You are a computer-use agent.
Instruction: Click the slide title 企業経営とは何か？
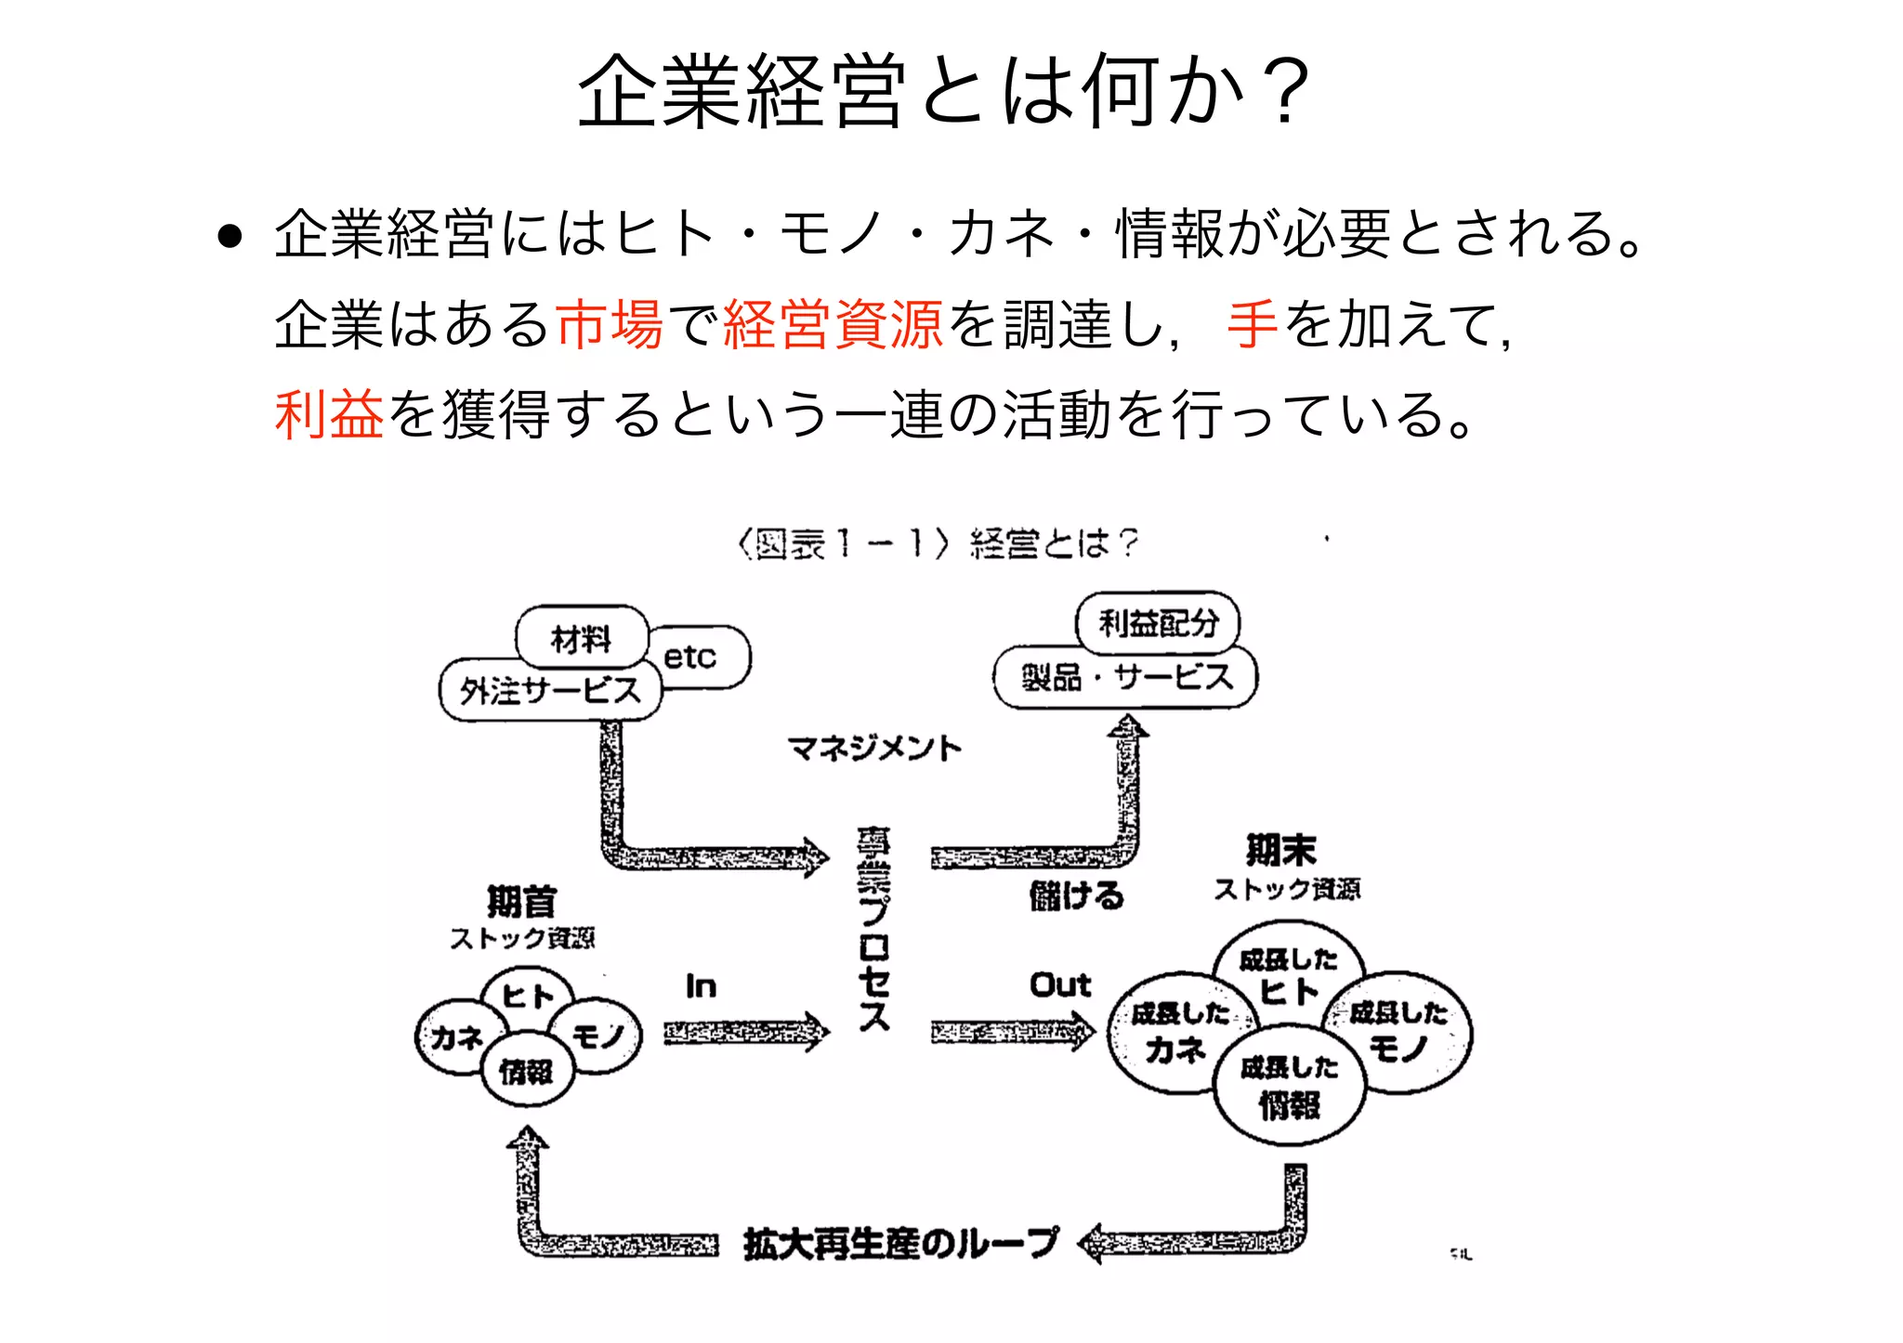pyautogui.click(x=943, y=91)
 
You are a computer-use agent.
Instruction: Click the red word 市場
pyautogui.click(x=610, y=324)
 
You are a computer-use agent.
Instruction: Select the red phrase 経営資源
pyautogui.click(x=833, y=324)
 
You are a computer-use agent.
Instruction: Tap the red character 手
pyautogui.click(x=1253, y=324)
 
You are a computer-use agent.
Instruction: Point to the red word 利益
pyautogui.click(x=329, y=414)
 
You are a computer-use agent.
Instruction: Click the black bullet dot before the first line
pyautogui.click(x=230, y=236)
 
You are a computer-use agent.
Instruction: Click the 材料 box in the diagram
pyautogui.click(x=582, y=638)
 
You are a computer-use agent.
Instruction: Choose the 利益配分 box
pyautogui.click(x=1158, y=623)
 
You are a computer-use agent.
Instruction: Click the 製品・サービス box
pyautogui.click(x=1126, y=677)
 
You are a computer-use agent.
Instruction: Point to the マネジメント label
pyautogui.click(x=874, y=748)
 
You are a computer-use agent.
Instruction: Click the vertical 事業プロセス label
pyautogui.click(x=873, y=929)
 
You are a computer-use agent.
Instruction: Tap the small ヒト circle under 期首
pyautogui.click(x=528, y=996)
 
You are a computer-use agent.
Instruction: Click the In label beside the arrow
pyautogui.click(x=701, y=986)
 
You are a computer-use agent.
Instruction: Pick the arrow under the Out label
pyautogui.click(x=1013, y=1031)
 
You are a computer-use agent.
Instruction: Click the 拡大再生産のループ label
pyautogui.click(x=900, y=1243)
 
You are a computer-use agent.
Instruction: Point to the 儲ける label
pyautogui.click(x=1076, y=896)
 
